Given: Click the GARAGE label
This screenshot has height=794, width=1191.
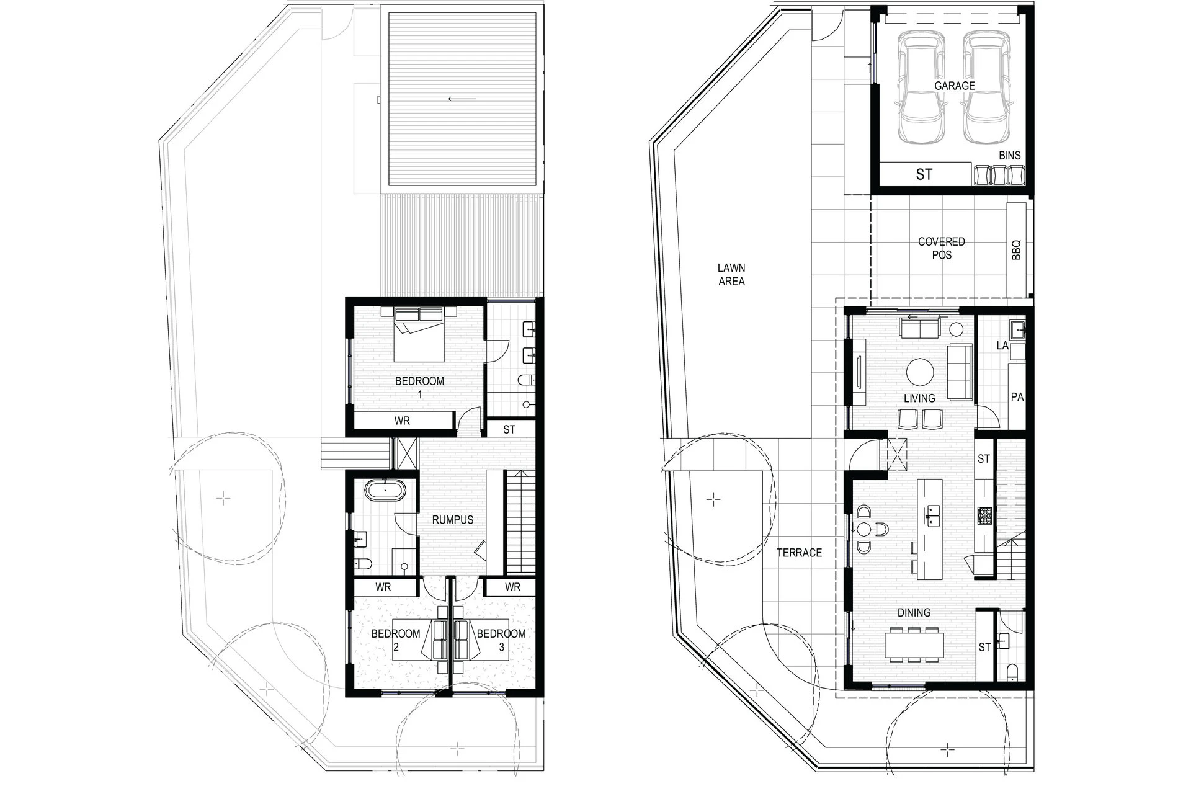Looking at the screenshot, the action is pos(955,86).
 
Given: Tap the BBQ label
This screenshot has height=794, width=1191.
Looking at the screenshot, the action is pos(1016,250).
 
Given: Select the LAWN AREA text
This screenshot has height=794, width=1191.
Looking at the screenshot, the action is pos(731,274).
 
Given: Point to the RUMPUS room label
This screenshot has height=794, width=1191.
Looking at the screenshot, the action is pos(453,520).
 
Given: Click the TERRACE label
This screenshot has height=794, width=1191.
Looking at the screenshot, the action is pos(800,553).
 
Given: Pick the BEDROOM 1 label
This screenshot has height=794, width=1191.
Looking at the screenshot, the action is pos(420,387).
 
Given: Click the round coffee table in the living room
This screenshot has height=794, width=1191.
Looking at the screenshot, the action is pos(921,372).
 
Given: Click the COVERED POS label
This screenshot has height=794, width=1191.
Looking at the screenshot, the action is pos(942,248).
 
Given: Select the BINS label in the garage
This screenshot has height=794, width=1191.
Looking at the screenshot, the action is pos(1010,155).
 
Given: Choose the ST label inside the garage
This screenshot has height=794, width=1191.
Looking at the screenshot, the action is pos(924,174).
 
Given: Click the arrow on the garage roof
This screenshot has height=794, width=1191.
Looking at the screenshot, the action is pos(463,99).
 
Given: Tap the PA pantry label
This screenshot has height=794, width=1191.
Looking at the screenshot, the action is pos(1017,397).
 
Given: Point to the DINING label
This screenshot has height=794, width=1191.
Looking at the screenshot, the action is pos(914,612).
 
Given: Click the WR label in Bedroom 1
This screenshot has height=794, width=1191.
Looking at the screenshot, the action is pos(402,421).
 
